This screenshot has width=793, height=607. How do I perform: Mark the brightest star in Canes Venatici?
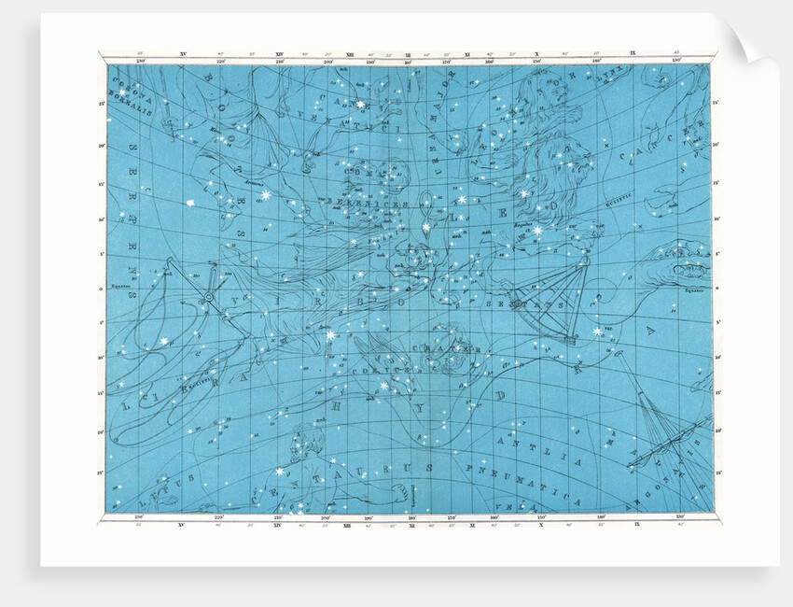360,105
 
